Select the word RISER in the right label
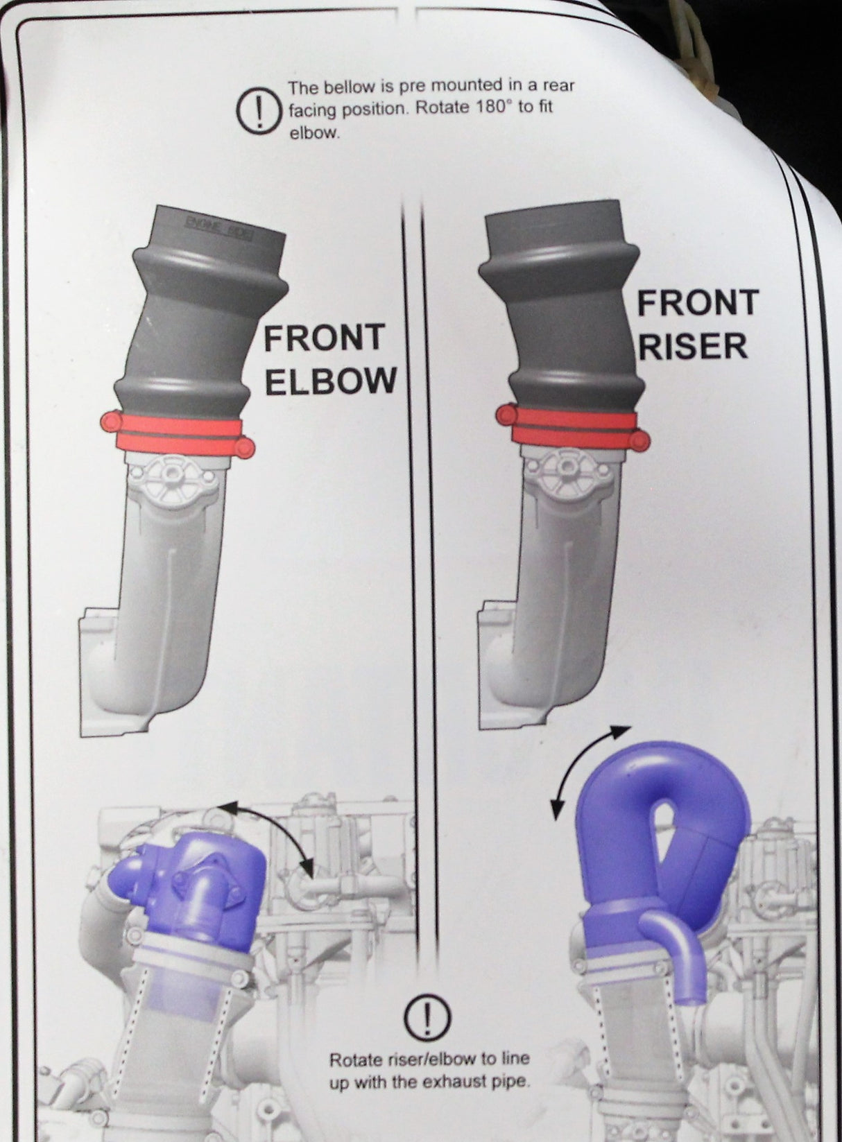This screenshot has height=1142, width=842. [x=693, y=345]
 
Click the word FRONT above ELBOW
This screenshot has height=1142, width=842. [x=324, y=338]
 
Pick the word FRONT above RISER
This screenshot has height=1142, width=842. [x=698, y=302]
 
